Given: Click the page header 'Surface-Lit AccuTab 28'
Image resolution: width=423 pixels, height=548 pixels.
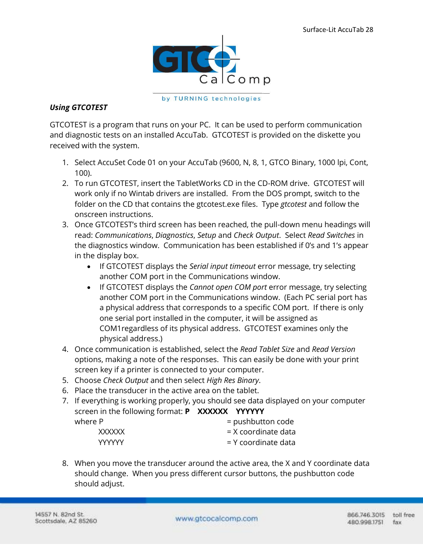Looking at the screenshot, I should pyautogui.click(x=337, y=30).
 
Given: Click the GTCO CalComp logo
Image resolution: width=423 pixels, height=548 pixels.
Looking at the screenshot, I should pyautogui.click(x=211, y=62).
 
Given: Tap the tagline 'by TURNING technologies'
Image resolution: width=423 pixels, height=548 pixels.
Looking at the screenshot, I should pyautogui.click(x=211, y=99).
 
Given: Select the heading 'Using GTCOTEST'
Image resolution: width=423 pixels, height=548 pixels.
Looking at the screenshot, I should pyautogui.click(x=78, y=107).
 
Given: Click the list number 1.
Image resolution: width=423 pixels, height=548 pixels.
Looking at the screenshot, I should pyautogui.click(x=65, y=163).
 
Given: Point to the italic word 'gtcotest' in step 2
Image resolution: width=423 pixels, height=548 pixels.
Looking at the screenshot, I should pyautogui.click(x=293, y=204).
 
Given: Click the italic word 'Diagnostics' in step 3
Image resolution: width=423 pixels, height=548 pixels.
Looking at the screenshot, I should pyautogui.click(x=174, y=235).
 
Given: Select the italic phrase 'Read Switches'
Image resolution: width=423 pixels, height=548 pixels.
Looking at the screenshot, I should pyautogui.click(x=331, y=235).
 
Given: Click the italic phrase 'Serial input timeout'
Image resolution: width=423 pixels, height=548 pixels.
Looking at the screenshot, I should pyautogui.click(x=222, y=266).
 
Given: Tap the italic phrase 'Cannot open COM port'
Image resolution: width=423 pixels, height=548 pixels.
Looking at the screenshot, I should pyautogui.click(x=228, y=287).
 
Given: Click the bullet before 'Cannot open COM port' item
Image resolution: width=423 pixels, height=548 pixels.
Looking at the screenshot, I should pyautogui.click(x=89, y=288).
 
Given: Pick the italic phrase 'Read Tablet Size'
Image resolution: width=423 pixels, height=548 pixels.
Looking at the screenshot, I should pyautogui.click(x=267, y=349).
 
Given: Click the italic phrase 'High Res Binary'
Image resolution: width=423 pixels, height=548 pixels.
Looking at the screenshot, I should pyautogui.click(x=233, y=380).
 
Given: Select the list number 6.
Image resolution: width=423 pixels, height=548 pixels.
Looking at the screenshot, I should pyautogui.click(x=65, y=390).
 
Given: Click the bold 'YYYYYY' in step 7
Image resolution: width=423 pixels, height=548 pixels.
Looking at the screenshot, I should pyautogui.click(x=250, y=411).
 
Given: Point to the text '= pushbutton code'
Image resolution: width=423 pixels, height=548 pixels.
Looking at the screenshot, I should pyautogui.click(x=260, y=422).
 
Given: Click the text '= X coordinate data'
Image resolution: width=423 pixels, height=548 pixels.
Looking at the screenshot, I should pyautogui.click(x=261, y=432).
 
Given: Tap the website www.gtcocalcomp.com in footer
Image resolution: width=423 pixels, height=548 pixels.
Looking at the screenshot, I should pyautogui.click(x=216, y=518).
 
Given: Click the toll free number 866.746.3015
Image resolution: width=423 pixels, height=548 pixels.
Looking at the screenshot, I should pyautogui.click(x=366, y=515).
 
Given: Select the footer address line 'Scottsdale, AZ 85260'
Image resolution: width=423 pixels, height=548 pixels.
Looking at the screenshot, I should pyautogui.click(x=66, y=521).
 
